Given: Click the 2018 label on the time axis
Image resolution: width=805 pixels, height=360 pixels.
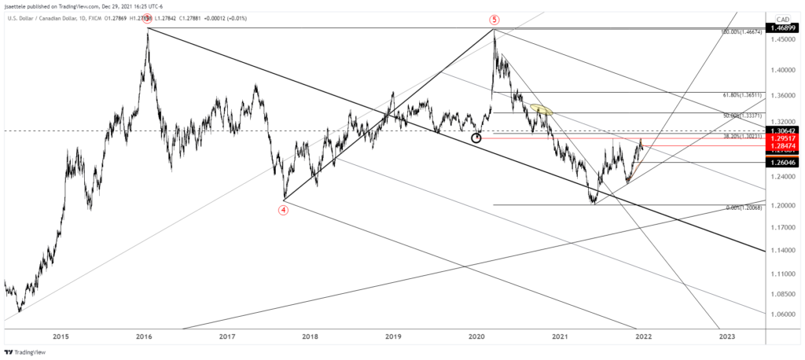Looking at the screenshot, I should click(310, 336).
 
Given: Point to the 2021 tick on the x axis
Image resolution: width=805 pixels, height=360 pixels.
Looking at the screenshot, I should click(560, 336).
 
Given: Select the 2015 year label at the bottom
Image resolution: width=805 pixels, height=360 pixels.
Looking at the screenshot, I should click(61, 336).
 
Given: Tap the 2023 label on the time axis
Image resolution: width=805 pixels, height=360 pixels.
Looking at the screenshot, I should click(726, 336).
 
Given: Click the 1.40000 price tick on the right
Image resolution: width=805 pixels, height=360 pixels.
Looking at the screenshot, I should click(783, 70).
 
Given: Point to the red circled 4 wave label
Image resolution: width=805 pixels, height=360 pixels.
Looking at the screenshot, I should click(283, 210).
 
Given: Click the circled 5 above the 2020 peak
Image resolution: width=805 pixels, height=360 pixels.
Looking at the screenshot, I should click(494, 19).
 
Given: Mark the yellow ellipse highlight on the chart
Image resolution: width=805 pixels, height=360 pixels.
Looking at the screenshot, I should click(540, 110).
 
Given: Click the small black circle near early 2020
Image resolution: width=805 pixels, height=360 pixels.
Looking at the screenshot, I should click(476, 138).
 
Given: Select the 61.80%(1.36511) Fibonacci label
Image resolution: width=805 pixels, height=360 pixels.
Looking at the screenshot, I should click(743, 93).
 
